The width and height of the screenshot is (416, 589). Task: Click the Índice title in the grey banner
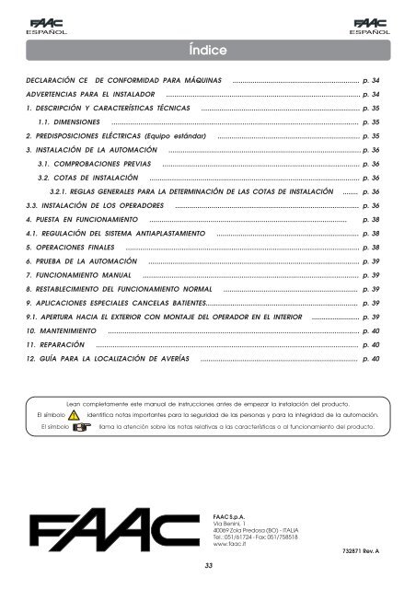[x=208, y=48]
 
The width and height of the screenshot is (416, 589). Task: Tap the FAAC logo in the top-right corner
[x=376, y=23]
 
